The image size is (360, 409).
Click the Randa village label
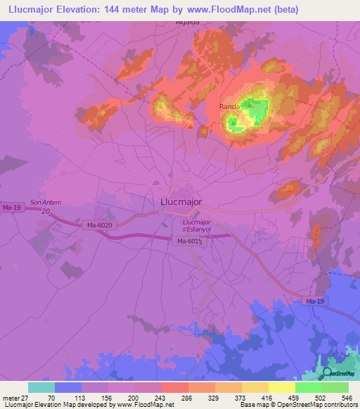point(229,106)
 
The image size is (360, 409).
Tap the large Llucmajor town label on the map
point(176,202)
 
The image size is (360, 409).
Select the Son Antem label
point(46,202)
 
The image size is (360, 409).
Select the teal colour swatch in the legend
point(41,387)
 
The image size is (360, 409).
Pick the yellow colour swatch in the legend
point(281,387)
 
